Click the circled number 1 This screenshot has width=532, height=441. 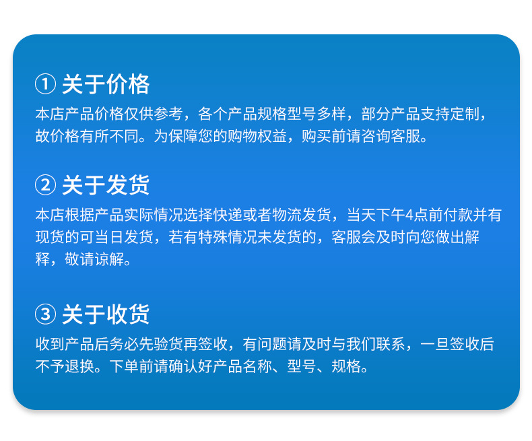pyautogui.click(x=44, y=85)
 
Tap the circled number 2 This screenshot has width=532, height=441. pyautogui.click(x=44, y=184)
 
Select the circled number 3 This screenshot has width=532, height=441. pyautogui.click(x=44, y=314)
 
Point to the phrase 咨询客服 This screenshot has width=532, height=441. pyautogui.click(x=397, y=137)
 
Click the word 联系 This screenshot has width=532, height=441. pyautogui.click(x=391, y=345)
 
